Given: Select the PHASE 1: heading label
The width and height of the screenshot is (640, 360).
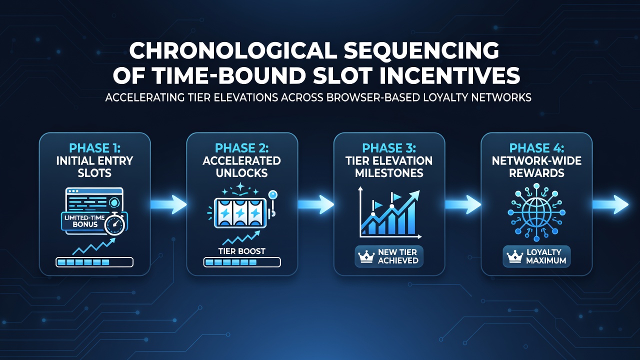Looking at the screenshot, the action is coord(95,148).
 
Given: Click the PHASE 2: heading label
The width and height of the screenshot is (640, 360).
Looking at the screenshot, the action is coord(241,148).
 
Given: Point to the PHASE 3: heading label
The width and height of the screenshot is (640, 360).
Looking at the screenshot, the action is coord(389,148).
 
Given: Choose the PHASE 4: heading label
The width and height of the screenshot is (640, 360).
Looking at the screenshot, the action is coord(536,148).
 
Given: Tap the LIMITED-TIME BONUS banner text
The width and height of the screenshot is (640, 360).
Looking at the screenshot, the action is coord(84,221).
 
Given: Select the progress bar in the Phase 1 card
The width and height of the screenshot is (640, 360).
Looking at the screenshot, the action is coord(94,262).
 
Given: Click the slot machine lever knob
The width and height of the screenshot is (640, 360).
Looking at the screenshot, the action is coord(273,194).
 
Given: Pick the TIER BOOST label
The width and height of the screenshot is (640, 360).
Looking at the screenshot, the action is coord(241,251).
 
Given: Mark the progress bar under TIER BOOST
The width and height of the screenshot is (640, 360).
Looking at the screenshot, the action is coord(242,262).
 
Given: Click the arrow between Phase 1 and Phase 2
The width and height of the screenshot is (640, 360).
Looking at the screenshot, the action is coord(168,204).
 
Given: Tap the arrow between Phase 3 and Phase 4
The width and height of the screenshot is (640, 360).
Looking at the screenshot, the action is coord(463,204).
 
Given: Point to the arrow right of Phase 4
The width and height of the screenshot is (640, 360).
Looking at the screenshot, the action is coord(610,204).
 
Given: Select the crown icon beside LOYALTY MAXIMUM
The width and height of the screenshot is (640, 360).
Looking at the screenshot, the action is coord(514,256).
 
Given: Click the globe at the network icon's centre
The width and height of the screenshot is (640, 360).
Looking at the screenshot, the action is coord(536,212).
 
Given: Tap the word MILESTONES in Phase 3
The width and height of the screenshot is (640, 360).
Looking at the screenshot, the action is coord(389,173).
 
